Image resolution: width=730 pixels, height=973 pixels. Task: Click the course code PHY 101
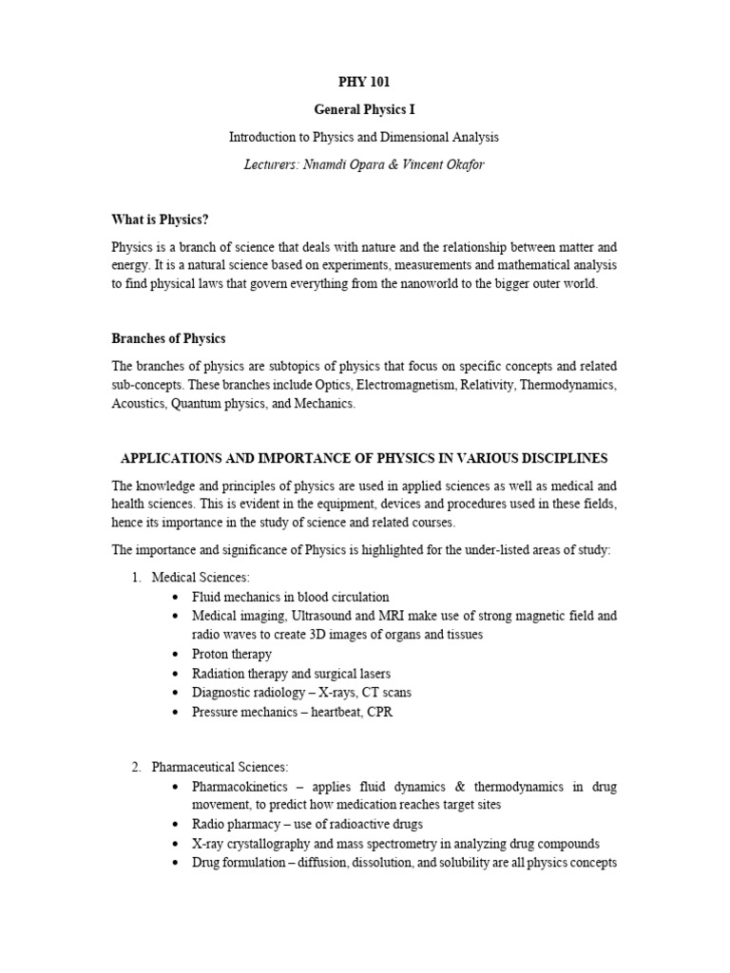364,83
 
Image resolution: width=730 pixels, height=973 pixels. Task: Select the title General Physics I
364,110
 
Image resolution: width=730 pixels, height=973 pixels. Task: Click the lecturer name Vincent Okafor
446,164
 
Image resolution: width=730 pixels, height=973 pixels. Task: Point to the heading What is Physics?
160,220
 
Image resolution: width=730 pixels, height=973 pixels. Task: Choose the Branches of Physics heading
168,339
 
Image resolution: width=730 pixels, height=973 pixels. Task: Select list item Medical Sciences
200,578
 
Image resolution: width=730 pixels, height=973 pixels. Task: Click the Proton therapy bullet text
231,654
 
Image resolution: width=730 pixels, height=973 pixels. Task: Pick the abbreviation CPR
379,712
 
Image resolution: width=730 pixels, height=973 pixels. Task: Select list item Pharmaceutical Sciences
220,767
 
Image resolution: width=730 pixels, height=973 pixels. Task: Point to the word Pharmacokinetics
240,787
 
